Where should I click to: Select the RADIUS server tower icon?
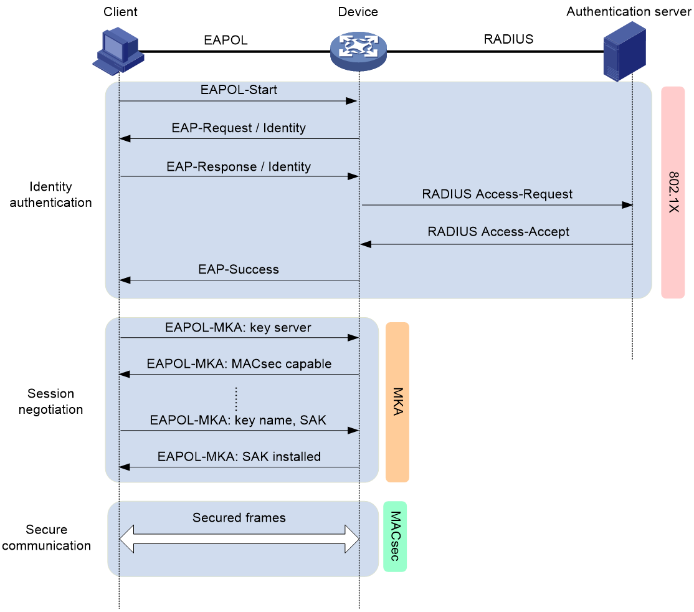[624, 50]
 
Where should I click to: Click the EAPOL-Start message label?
[239, 90]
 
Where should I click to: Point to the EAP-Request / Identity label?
[239, 128]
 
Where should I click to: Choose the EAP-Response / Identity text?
[239, 167]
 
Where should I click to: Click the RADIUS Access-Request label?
[497, 194]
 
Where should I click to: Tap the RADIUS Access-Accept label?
[498, 232]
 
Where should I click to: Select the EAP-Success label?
[239, 270]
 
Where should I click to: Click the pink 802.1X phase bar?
[673, 192]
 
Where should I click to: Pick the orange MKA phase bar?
[397, 402]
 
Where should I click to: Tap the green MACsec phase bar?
[395, 537]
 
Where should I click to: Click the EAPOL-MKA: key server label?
[238, 328]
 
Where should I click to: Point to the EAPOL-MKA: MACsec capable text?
[239, 364]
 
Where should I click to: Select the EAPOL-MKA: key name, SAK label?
[238, 420]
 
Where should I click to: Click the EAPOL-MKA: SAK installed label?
[239, 457]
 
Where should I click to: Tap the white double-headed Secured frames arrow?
[239, 538]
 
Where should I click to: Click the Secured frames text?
[239, 518]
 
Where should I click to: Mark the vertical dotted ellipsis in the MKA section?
[237, 399]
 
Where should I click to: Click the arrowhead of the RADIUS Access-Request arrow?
[627, 205]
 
